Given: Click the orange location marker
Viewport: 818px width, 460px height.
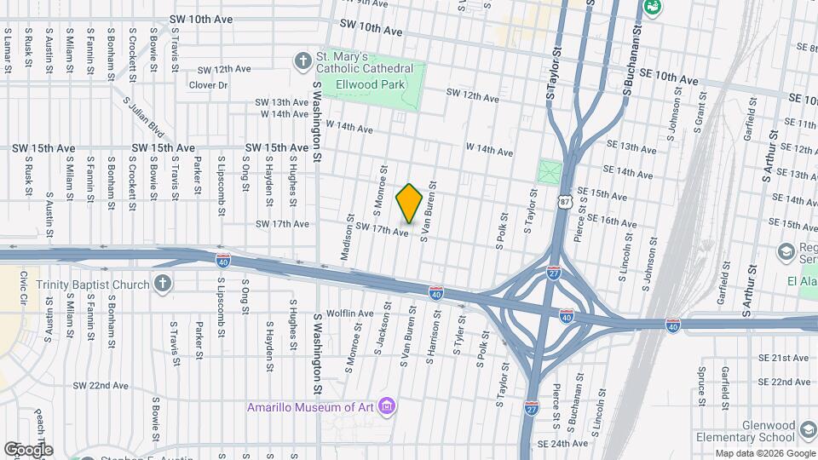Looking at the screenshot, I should coord(409,203).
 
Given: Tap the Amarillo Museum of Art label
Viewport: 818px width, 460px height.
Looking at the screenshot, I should coord(311,406).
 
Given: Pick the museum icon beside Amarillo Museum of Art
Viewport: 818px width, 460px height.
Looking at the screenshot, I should coord(388,405).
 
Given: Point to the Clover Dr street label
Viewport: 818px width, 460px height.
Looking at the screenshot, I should coord(208,85).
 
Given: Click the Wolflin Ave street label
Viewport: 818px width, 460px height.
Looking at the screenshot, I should coord(349,313).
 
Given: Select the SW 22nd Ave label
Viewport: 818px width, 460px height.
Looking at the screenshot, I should coord(101,385).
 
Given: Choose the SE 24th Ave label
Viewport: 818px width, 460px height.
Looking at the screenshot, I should coord(563,444).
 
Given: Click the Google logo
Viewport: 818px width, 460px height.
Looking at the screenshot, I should coord(27,449).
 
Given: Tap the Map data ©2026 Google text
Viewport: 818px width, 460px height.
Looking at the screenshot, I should coord(764,453).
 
